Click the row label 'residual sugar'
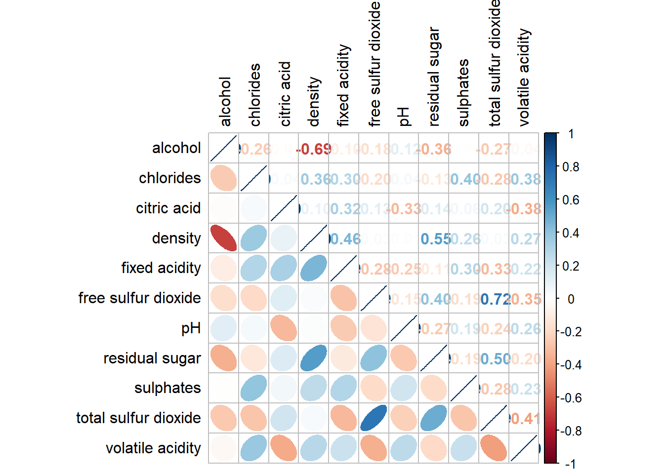tap(152, 358)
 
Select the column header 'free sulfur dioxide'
tap(374, 64)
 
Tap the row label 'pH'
tap(191, 328)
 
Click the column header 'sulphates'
tap(463, 92)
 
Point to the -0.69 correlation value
tap(314, 149)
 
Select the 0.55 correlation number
tap(435, 239)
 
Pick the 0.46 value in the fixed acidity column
tap(345, 239)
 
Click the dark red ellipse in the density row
tap(224, 238)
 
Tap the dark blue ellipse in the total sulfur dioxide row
tap(373, 418)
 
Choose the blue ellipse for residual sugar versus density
tap(313, 358)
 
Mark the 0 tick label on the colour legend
tap(571, 299)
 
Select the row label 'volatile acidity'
tap(153, 448)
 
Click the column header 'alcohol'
tap(225, 101)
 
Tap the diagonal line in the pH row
tap(404, 328)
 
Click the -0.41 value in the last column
tap(524, 419)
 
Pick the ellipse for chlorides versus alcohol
tap(223, 178)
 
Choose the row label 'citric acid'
tap(168, 208)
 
